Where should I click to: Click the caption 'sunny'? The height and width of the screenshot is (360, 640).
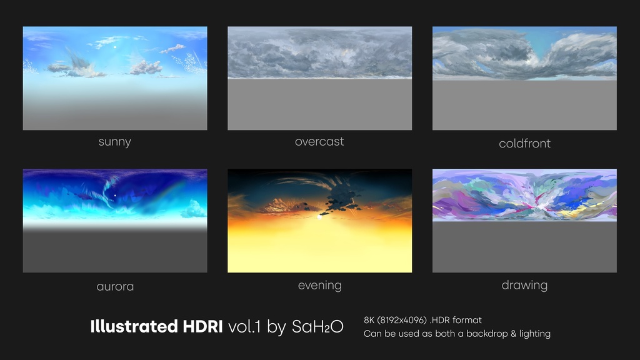point(114,142)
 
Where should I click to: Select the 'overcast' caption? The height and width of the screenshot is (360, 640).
point(319,142)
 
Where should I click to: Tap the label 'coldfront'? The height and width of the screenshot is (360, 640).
point(524,144)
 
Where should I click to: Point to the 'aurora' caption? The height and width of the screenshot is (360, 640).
point(115,287)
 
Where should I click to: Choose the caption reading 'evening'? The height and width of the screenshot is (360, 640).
point(319,286)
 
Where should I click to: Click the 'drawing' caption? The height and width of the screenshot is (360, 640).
point(524,286)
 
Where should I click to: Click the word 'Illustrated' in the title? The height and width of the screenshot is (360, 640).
point(133,326)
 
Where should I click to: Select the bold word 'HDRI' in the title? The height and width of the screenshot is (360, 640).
point(201,326)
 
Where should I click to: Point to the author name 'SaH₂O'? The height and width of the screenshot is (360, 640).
point(317,327)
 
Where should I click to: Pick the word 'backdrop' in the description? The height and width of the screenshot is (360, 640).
point(487,334)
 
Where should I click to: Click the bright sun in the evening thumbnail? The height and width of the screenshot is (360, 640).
point(320,217)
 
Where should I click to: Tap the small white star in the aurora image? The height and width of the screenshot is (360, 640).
point(115,196)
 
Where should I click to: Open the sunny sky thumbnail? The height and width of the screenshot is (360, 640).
point(115,78)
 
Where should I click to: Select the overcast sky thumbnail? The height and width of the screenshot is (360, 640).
point(319,78)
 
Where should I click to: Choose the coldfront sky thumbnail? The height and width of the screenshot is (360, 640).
point(524,78)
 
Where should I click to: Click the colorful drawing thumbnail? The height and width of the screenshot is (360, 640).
point(524,221)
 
